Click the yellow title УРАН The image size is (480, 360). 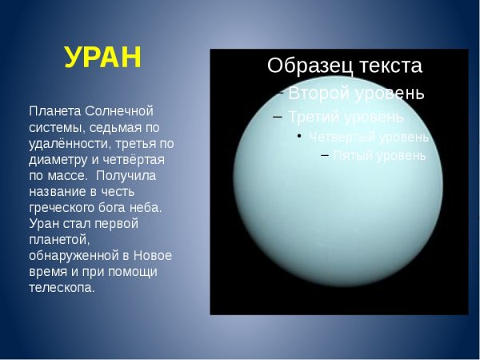click(x=102, y=58)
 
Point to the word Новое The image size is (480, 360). click(x=152, y=256)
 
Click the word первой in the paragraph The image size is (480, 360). click(x=116, y=223)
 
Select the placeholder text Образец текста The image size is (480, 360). click(x=345, y=66)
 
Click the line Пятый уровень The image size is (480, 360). click(x=379, y=155)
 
